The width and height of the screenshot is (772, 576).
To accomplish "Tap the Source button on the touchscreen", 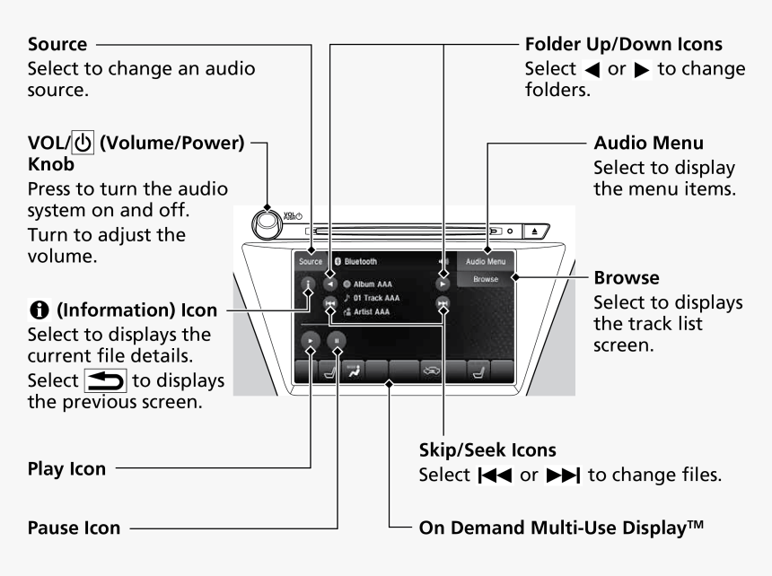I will [x=311, y=262].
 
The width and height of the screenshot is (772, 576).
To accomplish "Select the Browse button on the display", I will [x=485, y=280].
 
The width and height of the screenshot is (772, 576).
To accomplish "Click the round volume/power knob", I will [x=272, y=223].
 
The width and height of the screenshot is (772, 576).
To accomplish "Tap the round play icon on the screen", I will [x=310, y=341].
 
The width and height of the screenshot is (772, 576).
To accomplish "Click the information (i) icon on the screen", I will [x=309, y=287].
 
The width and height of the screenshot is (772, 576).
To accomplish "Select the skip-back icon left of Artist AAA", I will [x=331, y=305].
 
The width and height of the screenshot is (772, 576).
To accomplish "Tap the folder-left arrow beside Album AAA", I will [x=331, y=282].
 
